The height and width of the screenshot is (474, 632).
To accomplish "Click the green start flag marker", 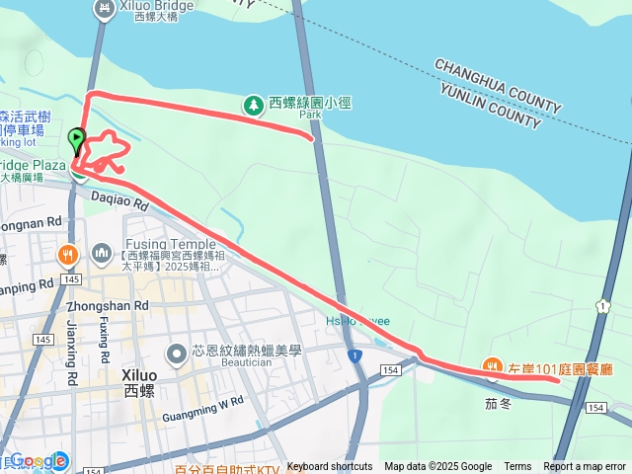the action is (x=77, y=138).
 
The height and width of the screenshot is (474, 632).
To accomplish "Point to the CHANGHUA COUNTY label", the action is (x=498, y=85).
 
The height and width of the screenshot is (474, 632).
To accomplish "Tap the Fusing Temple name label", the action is (x=169, y=244).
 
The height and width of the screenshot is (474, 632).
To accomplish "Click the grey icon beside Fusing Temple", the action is (x=103, y=254).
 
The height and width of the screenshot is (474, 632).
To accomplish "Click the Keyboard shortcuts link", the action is (x=330, y=467).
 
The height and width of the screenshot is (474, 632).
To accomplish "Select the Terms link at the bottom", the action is (x=517, y=467).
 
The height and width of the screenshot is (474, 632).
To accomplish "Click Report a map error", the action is (x=585, y=467).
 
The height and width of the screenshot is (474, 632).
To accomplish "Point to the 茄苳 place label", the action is (x=497, y=403).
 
